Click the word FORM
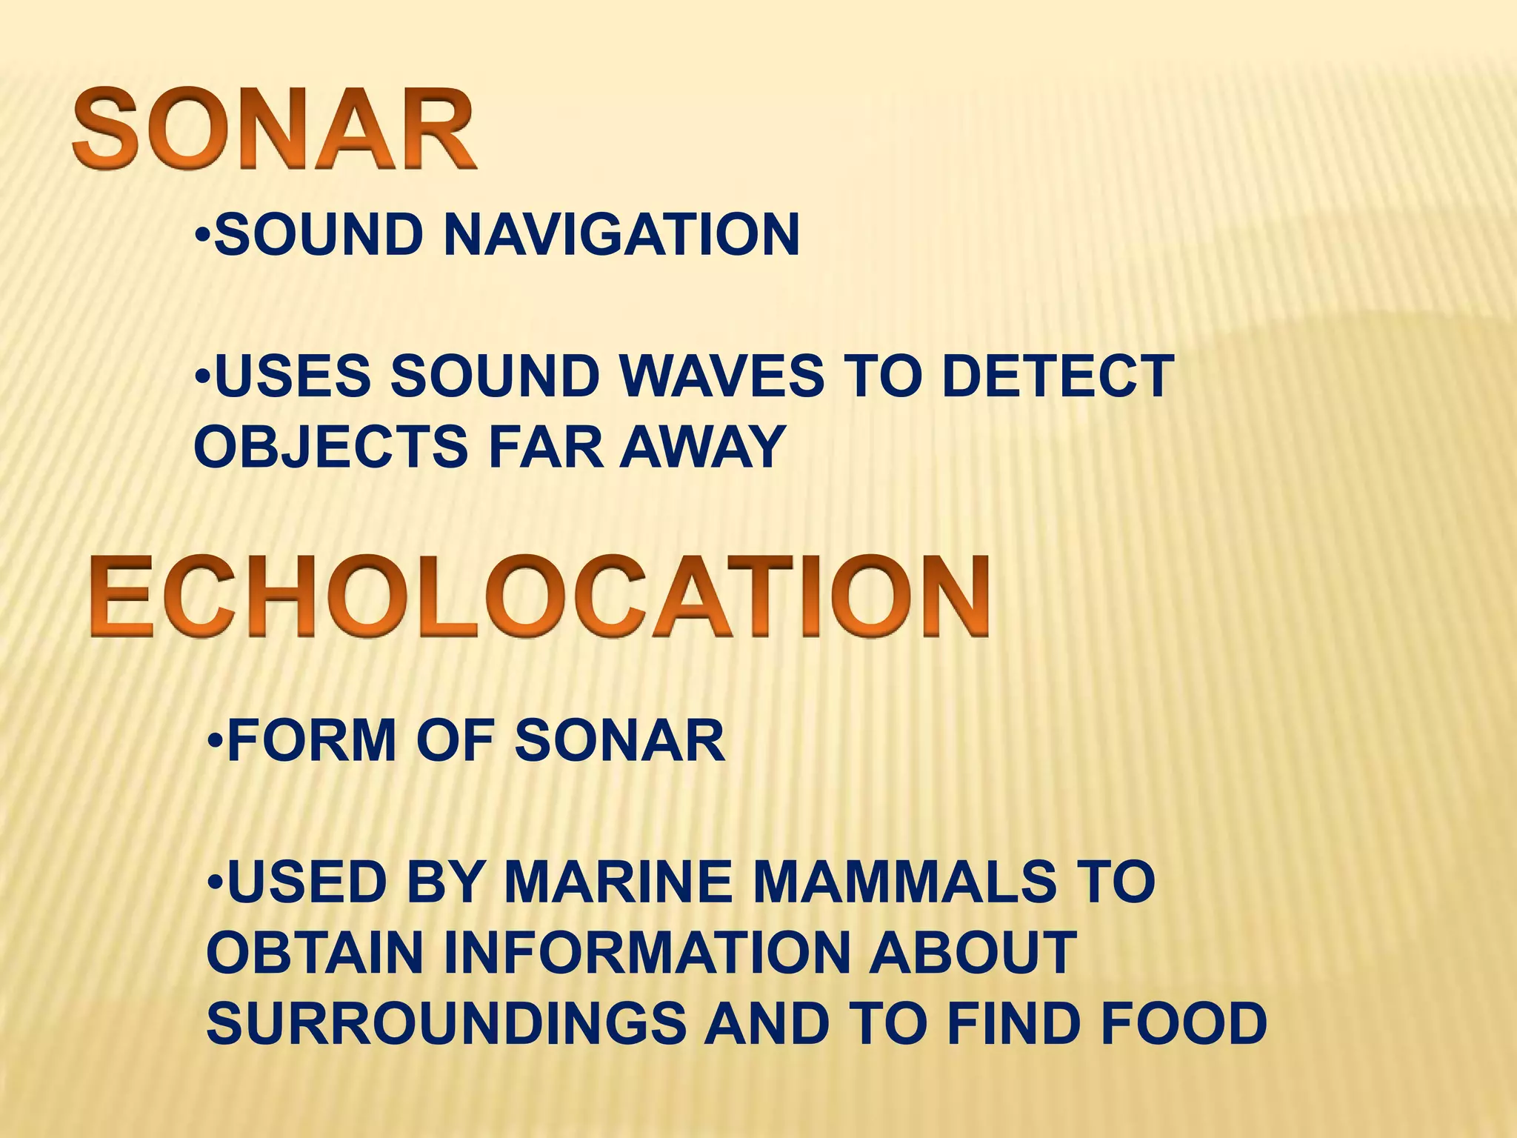pos(312,740)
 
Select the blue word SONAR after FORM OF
pos(619,740)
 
